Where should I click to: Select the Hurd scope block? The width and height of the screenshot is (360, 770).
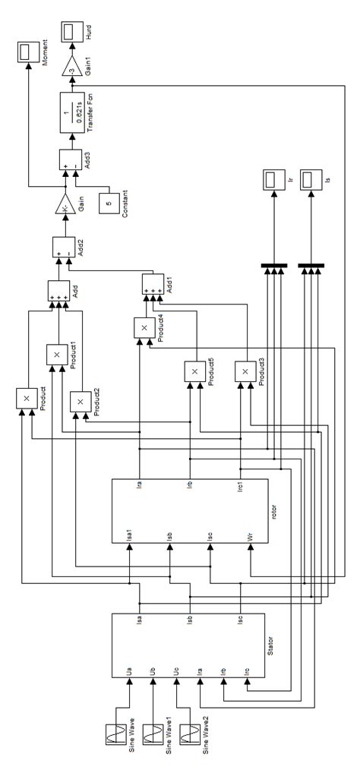pyautogui.click(x=74, y=31)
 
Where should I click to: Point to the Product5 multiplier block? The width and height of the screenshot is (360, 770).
pyautogui.click(x=194, y=371)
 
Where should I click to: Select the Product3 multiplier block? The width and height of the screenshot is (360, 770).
pyautogui.click(x=245, y=371)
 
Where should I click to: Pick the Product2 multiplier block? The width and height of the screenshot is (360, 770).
pyautogui.click(x=80, y=401)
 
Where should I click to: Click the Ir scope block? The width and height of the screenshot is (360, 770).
pyautogui.click(x=270, y=180)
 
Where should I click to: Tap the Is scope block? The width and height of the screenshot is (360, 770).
pyautogui.click(x=310, y=180)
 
